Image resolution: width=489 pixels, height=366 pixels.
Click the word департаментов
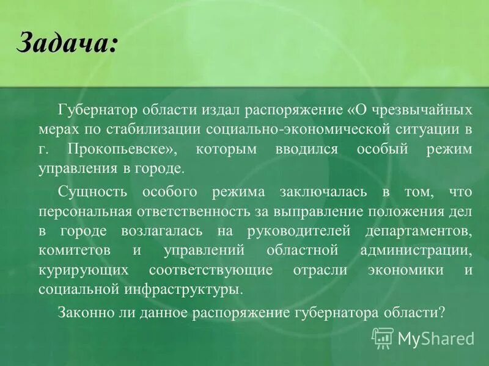click(419, 232)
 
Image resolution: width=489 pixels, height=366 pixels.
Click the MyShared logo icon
click(383, 337)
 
